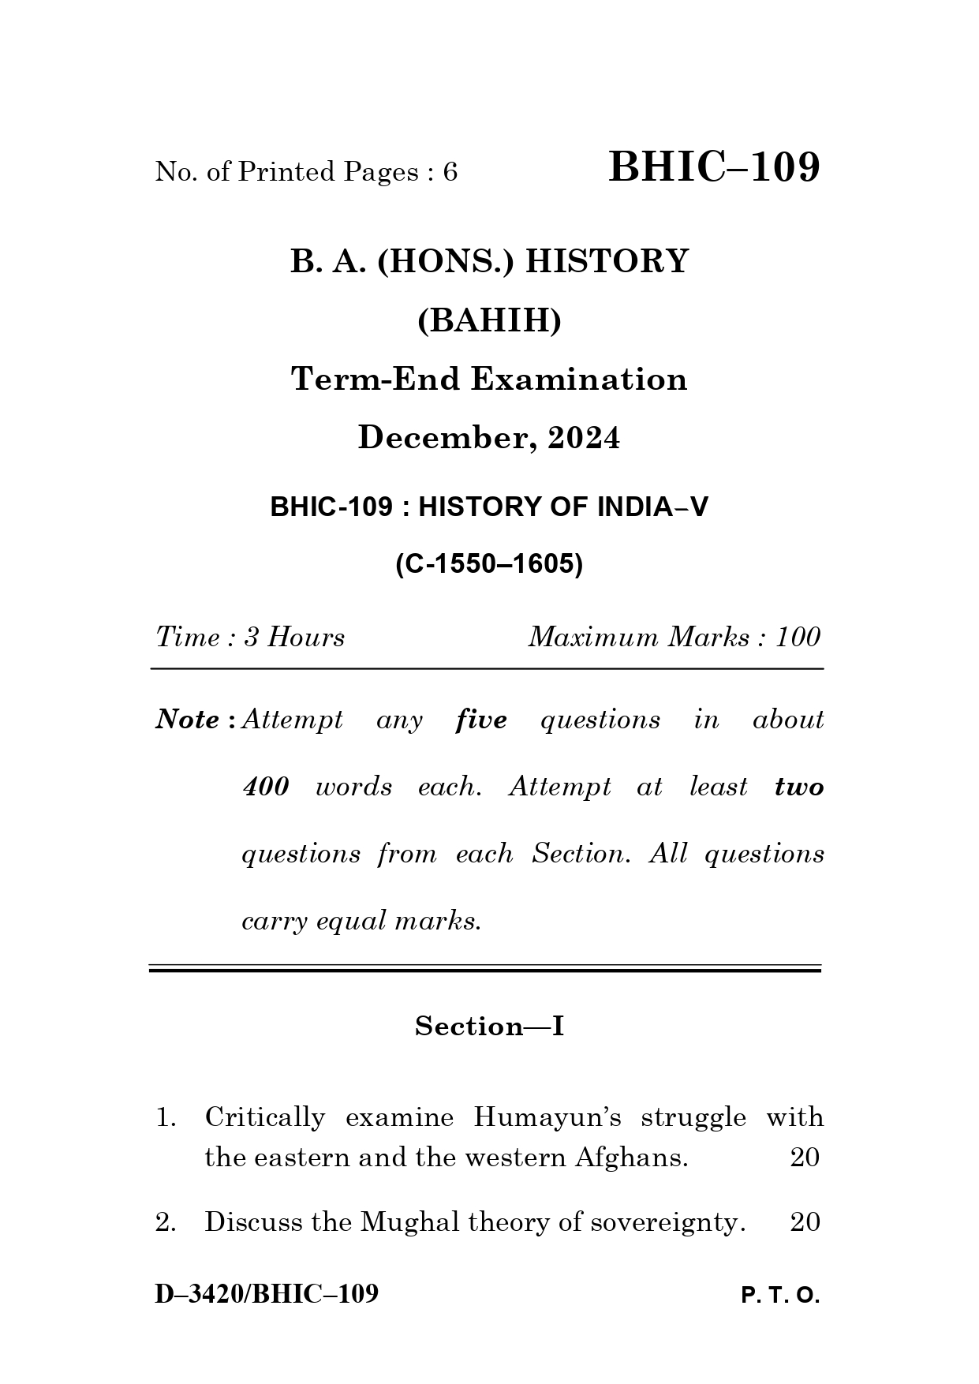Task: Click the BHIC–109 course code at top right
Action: click(714, 167)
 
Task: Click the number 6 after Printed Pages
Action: click(450, 172)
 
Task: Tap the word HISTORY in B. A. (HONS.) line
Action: click(607, 261)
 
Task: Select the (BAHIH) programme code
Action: click(489, 321)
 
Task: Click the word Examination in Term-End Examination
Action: click(579, 380)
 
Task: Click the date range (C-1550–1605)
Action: click(489, 564)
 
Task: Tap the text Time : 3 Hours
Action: click(250, 637)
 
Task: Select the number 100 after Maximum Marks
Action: click(798, 637)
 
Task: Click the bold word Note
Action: click(188, 720)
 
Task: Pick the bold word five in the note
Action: click(481, 720)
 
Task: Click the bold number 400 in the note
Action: click(265, 787)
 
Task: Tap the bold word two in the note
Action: click(798, 787)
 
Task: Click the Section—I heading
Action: click(489, 1026)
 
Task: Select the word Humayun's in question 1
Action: click(547, 1117)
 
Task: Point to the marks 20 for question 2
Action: click(805, 1222)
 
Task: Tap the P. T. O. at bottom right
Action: click(780, 1296)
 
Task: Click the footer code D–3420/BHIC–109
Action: click(267, 1294)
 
